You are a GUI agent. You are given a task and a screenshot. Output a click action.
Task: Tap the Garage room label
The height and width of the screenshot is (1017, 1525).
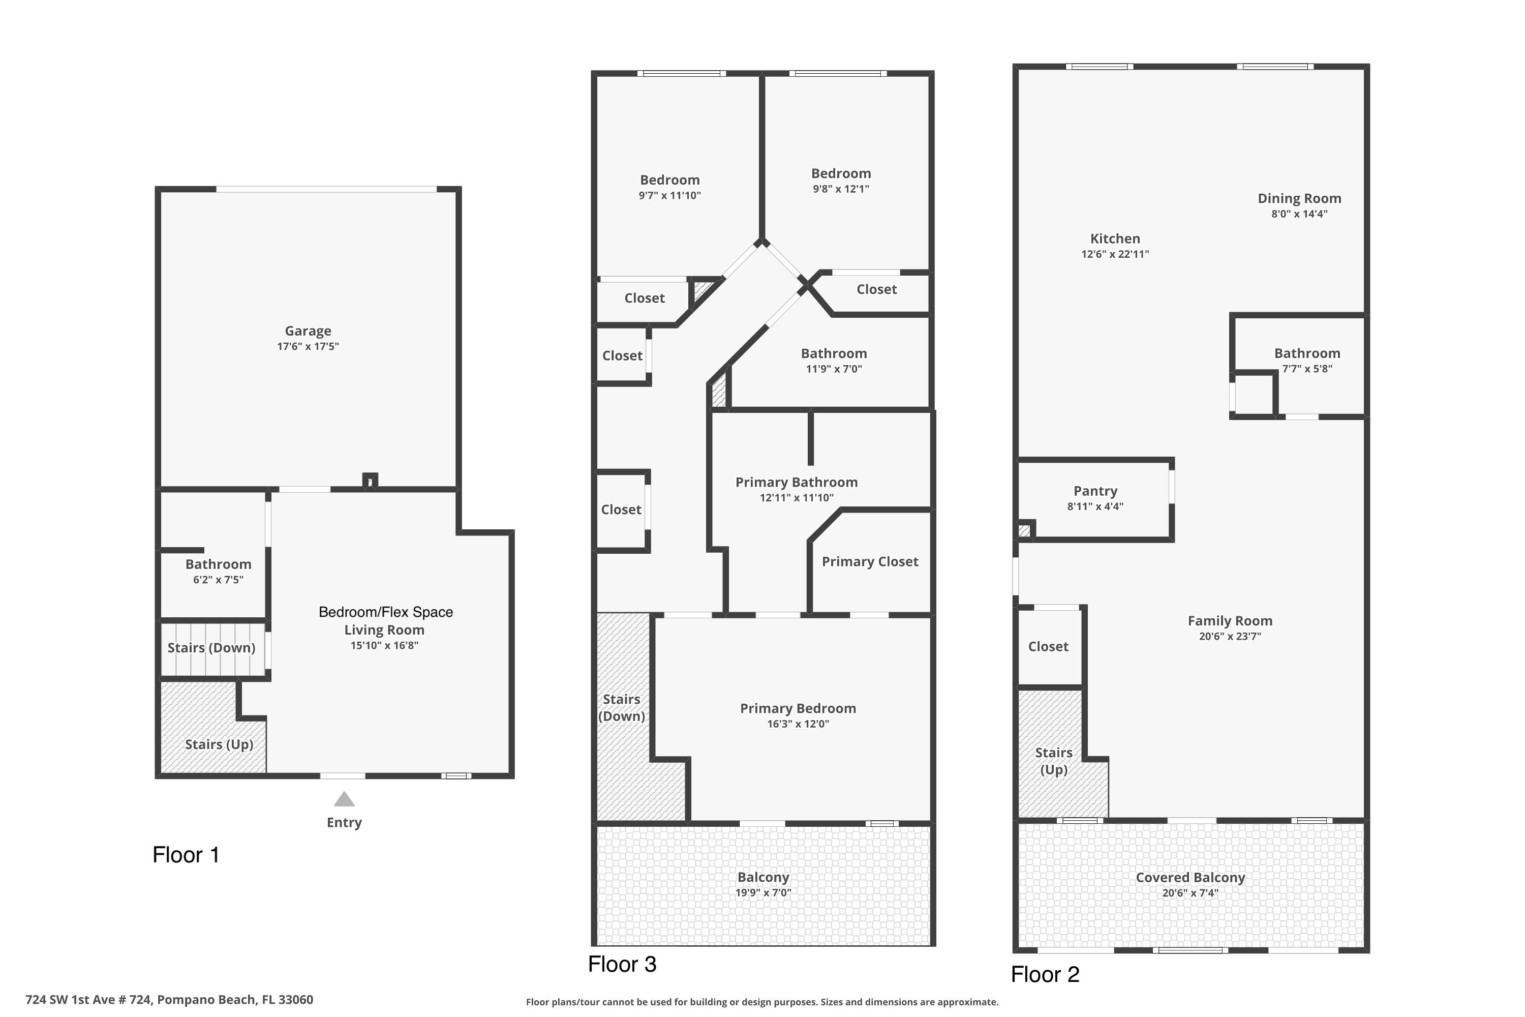pyautogui.click(x=308, y=331)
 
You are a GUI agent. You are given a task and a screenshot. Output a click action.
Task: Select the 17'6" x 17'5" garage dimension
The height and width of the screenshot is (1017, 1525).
pyautogui.click(x=308, y=346)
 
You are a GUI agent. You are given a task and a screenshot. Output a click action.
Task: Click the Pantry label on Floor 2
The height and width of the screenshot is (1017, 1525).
pyautogui.click(x=1095, y=491)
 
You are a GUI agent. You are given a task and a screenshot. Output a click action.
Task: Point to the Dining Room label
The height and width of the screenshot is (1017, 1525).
pyautogui.click(x=1299, y=198)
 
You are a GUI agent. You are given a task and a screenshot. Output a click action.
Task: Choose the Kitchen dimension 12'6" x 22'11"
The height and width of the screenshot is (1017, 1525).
pyautogui.click(x=1115, y=254)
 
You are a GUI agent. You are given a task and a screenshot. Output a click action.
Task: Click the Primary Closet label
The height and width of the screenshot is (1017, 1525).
pyautogui.click(x=870, y=562)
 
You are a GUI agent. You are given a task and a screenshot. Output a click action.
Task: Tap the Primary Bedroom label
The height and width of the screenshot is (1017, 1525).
pyautogui.click(x=798, y=708)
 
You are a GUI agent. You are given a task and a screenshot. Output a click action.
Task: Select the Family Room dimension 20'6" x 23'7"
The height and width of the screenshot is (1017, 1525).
pyautogui.click(x=1230, y=636)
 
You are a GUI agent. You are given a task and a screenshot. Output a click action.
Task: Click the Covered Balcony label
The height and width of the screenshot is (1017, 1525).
pyautogui.click(x=1191, y=878)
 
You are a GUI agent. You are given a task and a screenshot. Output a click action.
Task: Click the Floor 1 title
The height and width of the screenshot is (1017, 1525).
pyautogui.click(x=186, y=855)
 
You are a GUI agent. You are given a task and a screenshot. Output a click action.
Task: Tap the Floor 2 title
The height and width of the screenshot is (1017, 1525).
pyautogui.click(x=1045, y=974)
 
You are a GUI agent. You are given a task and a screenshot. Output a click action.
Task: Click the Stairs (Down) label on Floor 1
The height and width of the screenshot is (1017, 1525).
pyautogui.click(x=211, y=648)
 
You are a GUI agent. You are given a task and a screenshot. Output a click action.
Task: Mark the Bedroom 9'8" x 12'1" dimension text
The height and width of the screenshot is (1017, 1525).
pyautogui.click(x=841, y=189)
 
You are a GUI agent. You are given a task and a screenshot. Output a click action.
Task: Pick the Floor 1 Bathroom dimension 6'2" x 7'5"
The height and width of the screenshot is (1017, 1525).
pyautogui.click(x=218, y=580)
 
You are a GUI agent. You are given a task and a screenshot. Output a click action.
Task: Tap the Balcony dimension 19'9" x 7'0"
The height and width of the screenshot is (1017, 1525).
pyautogui.click(x=763, y=893)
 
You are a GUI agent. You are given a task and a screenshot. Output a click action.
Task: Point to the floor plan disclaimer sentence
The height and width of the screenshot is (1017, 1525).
pyautogui.click(x=762, y=1002)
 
